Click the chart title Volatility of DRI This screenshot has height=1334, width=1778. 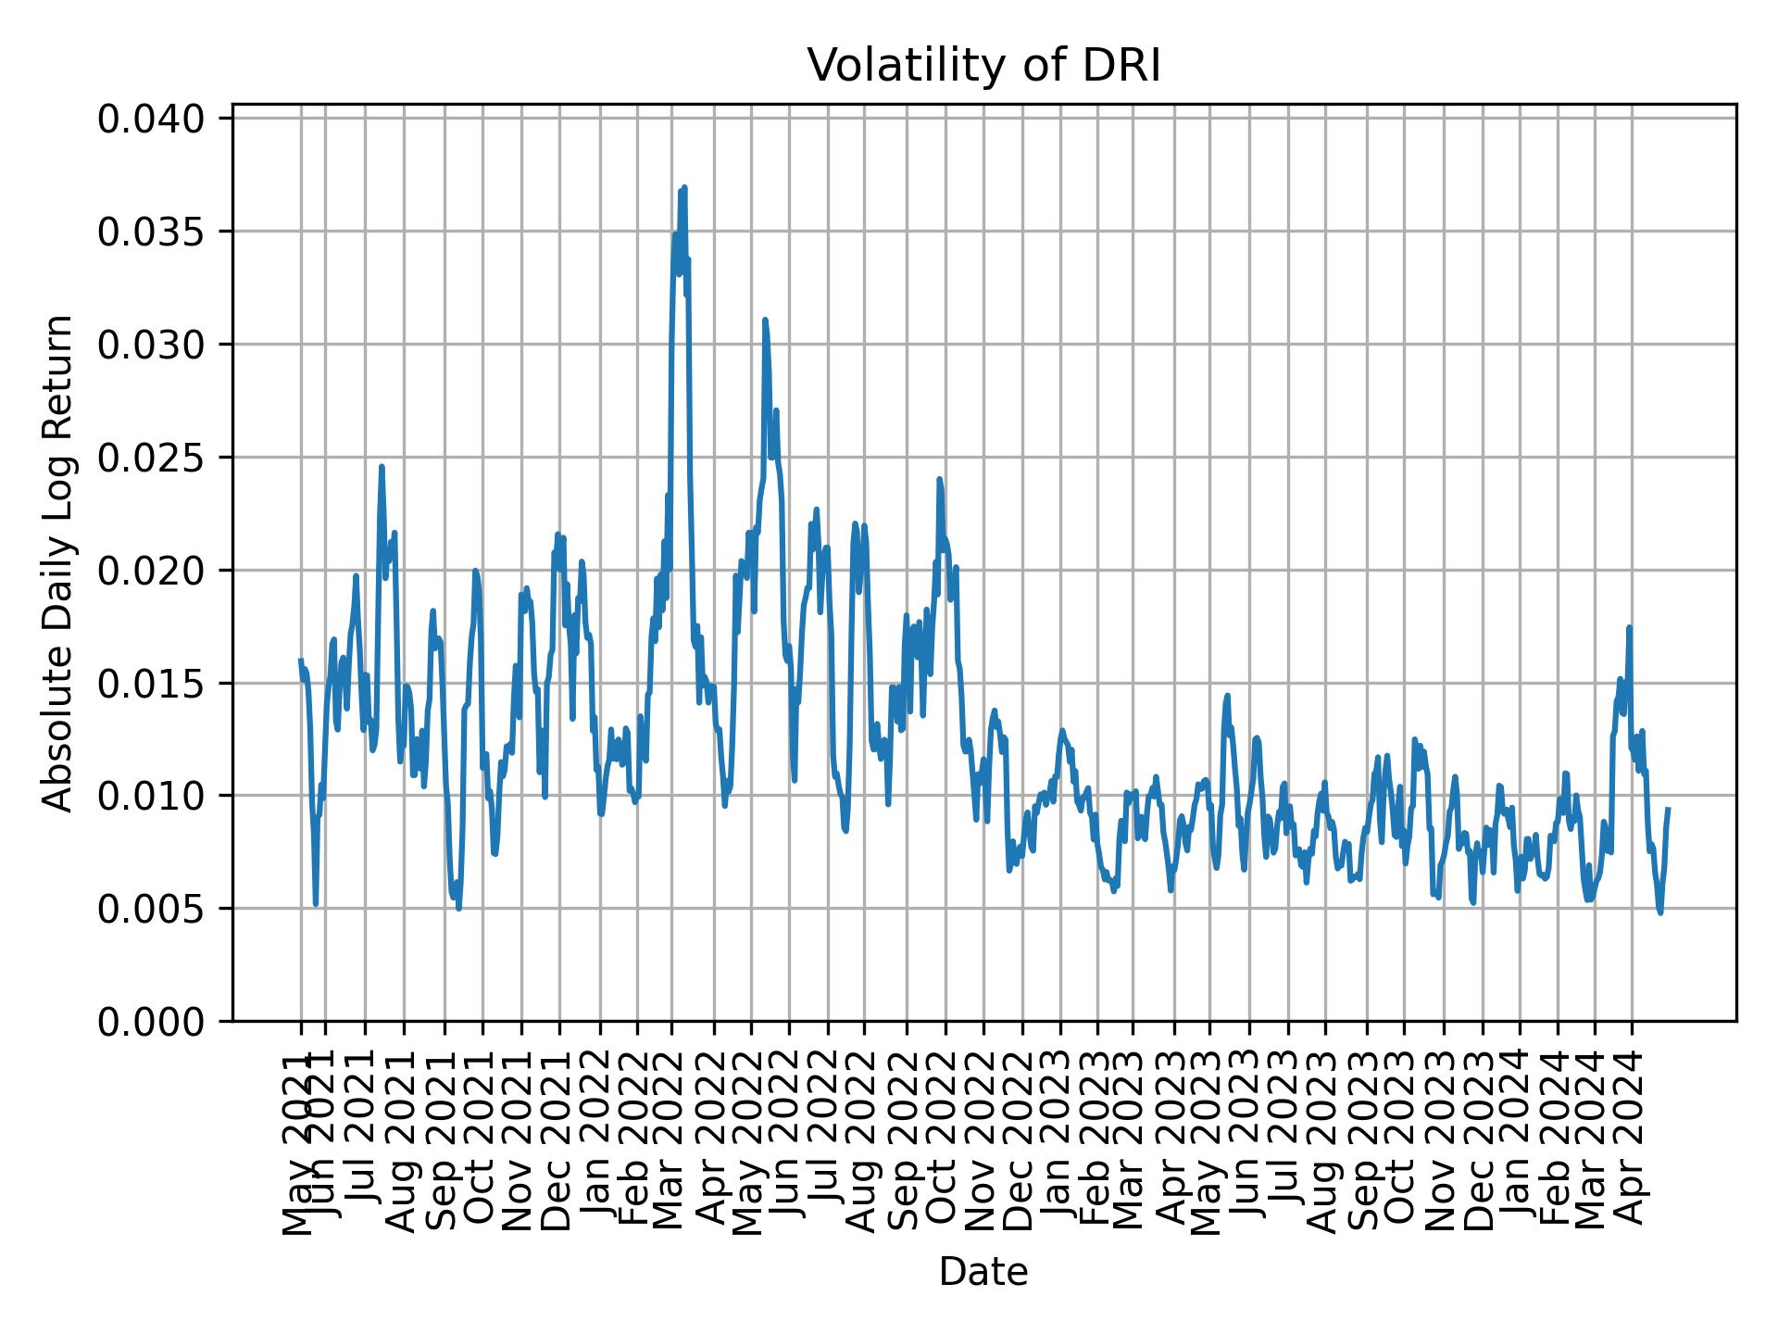click(x=983, y=67)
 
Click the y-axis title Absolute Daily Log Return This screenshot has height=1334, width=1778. click(x=58, y=562)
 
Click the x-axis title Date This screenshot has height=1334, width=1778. click(x=983, y=1273)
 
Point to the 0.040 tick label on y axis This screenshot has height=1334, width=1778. click(x=151, y=120)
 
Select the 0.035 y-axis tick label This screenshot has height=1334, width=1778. click(x=151, y=232)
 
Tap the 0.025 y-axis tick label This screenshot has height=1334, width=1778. click(x=151, y=458)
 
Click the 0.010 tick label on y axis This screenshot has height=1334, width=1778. click(x=151, y=796)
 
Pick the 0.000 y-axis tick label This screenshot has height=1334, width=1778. click(x=151, y=1021)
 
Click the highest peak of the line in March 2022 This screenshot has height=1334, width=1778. click(x=683, y=187)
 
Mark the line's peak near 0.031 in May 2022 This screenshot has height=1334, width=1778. click(x=765, y=320)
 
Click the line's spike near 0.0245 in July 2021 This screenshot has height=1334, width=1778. click(x=381, y=467)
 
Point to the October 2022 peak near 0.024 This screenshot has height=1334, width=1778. click(x=939, y=479)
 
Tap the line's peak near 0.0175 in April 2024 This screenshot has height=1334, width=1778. click(x=1629, y=627)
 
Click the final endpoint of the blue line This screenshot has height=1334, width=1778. click(x=1668, y=809)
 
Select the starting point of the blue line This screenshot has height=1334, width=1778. click(x=300, y=660)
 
